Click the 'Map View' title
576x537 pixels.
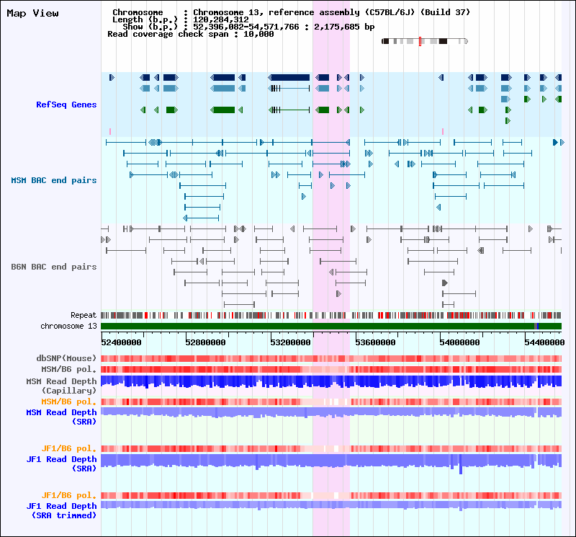point(32,13)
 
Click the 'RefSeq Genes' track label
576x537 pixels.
point(66,105)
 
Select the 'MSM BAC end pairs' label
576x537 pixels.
point(53,180)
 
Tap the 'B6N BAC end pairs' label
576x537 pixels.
point(53,267)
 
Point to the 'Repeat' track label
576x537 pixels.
point(84,315)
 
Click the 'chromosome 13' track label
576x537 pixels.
point(68,326)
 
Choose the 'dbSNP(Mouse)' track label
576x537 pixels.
point(66,358)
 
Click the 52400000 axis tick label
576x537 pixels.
point(121,342)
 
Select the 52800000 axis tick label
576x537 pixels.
point(205,342)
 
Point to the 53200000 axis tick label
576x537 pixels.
point(291,342)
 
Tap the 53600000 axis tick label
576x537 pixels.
point(375,342)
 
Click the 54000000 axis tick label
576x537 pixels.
point(459,342)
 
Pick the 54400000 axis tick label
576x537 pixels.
point(544,342)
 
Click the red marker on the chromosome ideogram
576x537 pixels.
point(420,41)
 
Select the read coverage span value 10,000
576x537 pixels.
point(258,34)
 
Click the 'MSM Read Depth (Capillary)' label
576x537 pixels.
point(61,386)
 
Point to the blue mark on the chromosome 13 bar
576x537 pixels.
point(537,326)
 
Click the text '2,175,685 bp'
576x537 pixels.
point(344,27)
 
